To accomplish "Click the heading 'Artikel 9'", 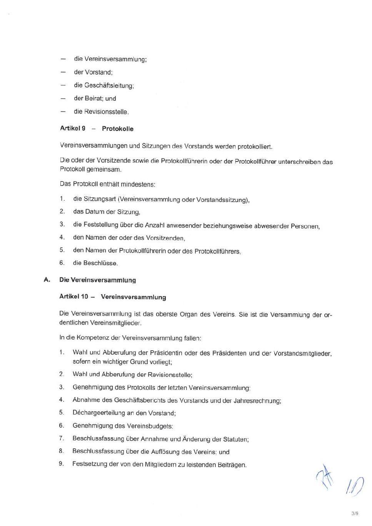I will [x=73, y=128].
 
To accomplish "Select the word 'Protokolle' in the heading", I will [x=118, y=129].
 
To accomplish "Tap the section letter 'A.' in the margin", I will [x=47, y=280].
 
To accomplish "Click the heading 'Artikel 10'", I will [x=73, y=296].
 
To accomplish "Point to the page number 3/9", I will [x=355, y=513].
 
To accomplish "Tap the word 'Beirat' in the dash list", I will [x=94, y=98].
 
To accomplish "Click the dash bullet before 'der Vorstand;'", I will [x=63, y=72].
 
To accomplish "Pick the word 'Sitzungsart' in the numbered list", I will [x=100, y=199].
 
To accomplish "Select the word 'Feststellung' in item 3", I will [x=101, y=225].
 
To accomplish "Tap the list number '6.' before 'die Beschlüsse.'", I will [x=62, y=263].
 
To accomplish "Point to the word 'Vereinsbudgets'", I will [x=150, y=426].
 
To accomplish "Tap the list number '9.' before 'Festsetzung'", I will [x=61, y=464].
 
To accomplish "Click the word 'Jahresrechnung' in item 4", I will [x=257, y=401].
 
